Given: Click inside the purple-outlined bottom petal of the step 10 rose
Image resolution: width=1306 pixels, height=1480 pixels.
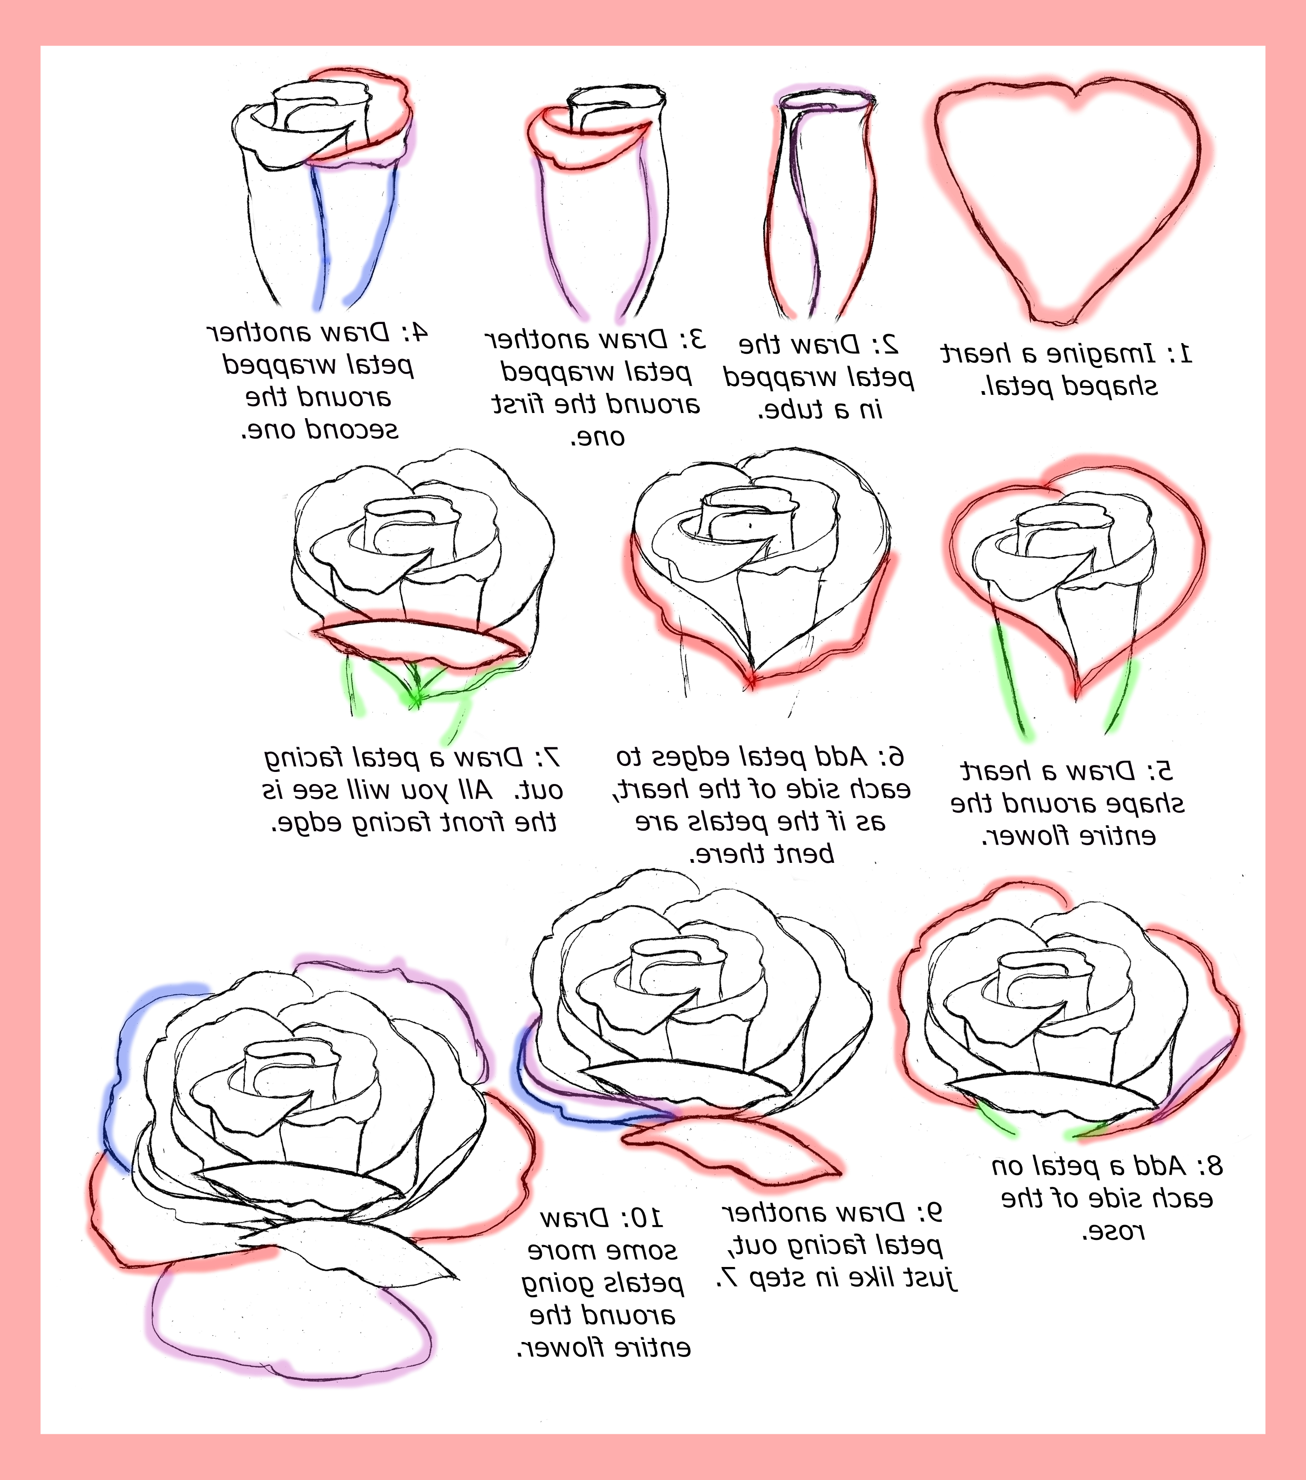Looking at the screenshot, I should click(x=290, y=1325).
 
